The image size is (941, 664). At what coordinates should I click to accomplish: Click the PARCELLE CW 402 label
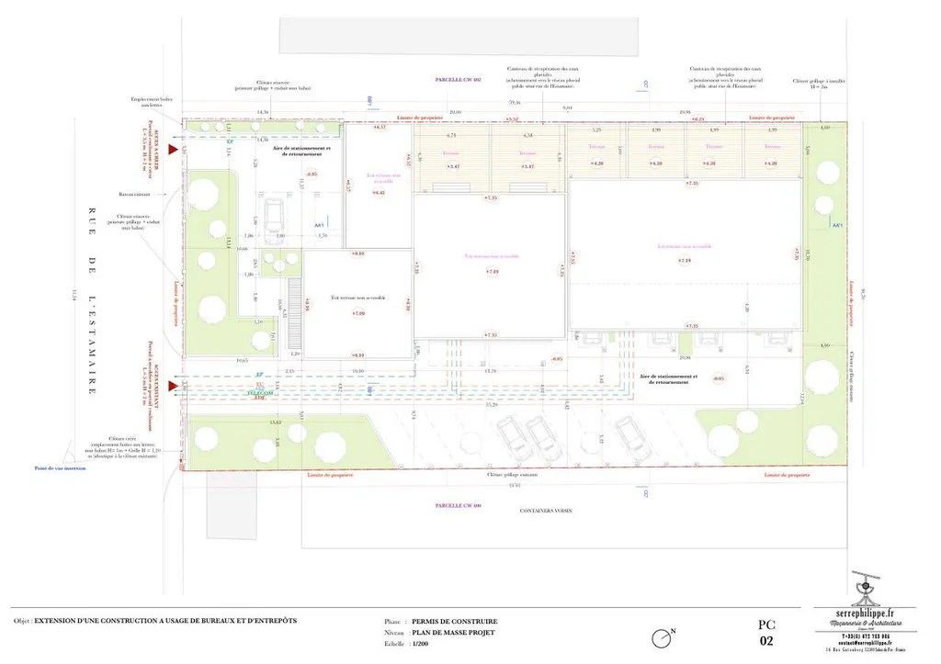[459, 81]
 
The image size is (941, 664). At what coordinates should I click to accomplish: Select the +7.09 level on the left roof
[357, 314]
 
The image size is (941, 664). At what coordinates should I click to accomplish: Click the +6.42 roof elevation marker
[379, 193]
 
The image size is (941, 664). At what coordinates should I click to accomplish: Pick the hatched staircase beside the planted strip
[295, 299]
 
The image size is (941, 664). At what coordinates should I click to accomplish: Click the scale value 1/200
[421, 645]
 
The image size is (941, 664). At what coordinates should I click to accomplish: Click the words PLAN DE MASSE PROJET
[454, 633]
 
